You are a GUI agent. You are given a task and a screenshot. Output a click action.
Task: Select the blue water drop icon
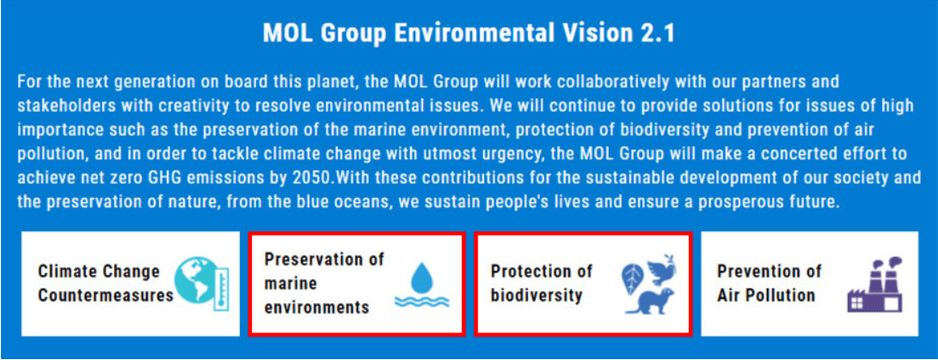point(422,276)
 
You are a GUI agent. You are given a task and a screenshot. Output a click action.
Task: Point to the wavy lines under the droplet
point(422,301)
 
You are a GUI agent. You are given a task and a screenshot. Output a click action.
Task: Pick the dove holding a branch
point(661,270)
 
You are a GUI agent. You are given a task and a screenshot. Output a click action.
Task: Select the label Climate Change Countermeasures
point(105,283)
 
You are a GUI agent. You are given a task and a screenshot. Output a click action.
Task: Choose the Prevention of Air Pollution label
point(769,283)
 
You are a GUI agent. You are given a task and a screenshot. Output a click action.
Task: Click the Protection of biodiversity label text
point(542,283)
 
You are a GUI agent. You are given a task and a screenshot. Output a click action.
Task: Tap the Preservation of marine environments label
point(324,284)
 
